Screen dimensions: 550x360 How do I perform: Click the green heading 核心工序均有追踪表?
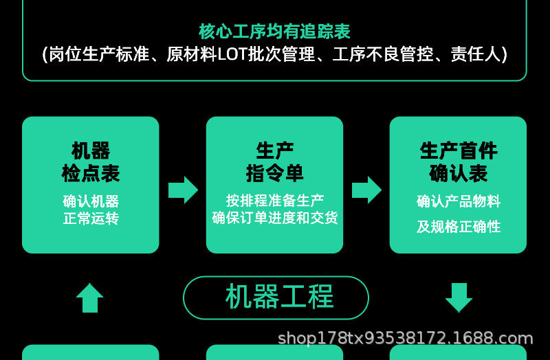(274, 32)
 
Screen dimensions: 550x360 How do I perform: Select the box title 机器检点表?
(91, 162)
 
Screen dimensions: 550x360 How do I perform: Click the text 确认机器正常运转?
(91, 210)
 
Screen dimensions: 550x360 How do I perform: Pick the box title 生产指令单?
(274, 162)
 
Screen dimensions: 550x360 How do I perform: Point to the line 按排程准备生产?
(274, 201)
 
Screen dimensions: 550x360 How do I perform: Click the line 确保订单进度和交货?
(274, 218)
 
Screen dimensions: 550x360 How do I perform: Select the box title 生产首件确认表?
(458, 162)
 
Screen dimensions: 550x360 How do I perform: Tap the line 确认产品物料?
(458, 201)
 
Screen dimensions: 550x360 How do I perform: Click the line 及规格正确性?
(458, 227)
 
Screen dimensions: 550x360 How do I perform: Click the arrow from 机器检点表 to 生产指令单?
(183, 190)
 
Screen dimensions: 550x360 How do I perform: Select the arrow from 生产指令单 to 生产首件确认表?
(366, 190)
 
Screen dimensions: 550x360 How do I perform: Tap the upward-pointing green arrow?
(90, 298)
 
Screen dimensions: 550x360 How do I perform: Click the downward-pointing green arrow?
(459, 298)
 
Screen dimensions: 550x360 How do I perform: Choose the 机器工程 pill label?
(276, 297)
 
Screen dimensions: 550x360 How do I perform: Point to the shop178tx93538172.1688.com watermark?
(406, 339)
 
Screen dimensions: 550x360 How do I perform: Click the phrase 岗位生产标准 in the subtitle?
(99, 54)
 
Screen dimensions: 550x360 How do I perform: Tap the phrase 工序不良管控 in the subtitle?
(383, 54)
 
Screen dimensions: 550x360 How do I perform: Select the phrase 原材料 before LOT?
(192, 54)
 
